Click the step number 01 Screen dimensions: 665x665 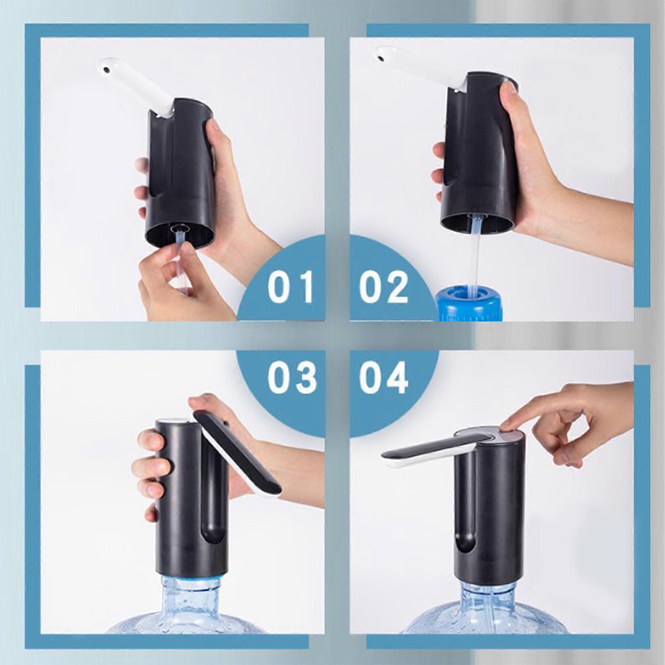pos(290,287)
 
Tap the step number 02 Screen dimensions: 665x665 pos(383,287)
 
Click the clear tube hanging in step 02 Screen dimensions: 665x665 pos(476,253)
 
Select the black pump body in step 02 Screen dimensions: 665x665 pos(480,154)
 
